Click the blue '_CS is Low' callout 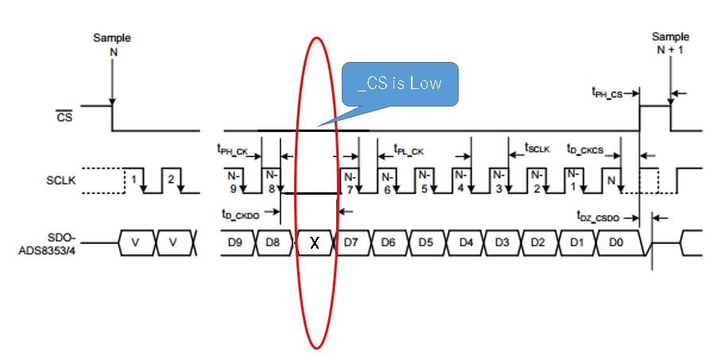399,83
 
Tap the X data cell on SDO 315,242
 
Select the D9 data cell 234,242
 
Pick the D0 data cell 618,242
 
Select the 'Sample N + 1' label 670,43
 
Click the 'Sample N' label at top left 112,44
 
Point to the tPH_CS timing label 607,93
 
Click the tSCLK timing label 537,148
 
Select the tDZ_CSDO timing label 597,215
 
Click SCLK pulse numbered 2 170,180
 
